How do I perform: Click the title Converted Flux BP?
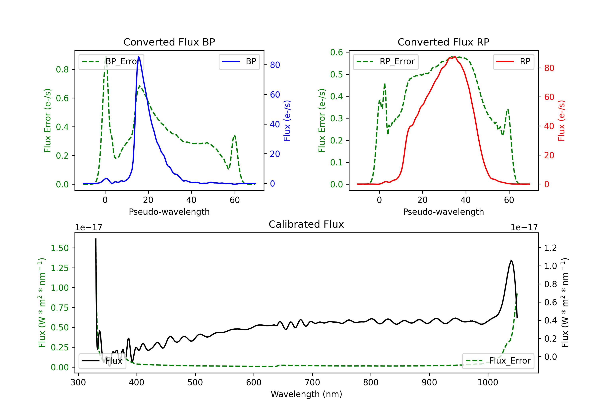point(169,42)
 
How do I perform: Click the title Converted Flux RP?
point(443,42)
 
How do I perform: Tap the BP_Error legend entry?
point(111,61)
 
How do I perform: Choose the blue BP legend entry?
point(239,61)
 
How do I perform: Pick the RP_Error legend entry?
point(386,61)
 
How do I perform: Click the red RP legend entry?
point(513,61)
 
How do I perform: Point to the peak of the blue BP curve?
point(139,57)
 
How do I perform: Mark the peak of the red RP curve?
point(454,57)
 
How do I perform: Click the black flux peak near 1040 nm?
point(511,260)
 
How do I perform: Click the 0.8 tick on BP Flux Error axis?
point(62,69)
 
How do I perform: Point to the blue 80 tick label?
point(275,65)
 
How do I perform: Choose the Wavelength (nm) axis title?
point(306,394)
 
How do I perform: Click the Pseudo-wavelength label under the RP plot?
point(443,212)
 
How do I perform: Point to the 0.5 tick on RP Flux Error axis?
point(336,75)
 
